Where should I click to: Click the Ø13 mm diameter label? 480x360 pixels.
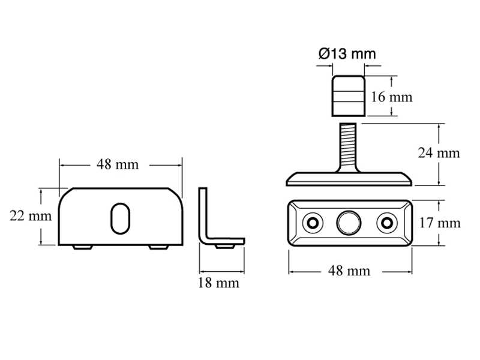coord(347,54)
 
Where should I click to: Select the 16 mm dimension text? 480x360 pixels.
coord(392,97)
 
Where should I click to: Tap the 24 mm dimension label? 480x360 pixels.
coord(439,153)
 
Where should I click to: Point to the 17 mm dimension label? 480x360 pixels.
coord(440,223)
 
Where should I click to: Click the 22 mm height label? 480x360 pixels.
coord(31,216)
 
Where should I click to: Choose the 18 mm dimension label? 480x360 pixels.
coord(218,283)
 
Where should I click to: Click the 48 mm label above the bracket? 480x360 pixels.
coord(118,164)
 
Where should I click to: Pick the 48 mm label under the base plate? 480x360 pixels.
coord(349,271)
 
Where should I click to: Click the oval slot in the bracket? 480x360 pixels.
coord(121,218)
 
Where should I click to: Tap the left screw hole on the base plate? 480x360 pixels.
coord(313,223)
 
